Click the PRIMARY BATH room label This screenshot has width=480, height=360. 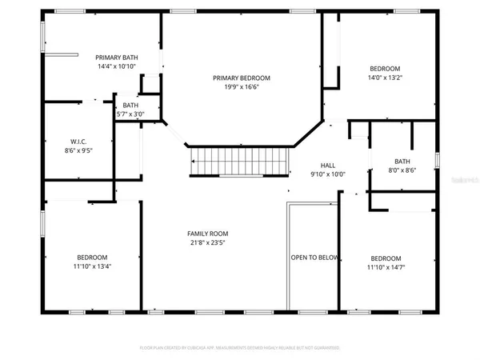click(114, 58)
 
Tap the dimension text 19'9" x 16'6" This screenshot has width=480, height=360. click(241, 89)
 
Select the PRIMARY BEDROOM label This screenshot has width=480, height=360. click(241, 78)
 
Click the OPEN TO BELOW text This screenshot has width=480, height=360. click(314, 258)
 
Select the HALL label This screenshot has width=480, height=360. click(327, 163)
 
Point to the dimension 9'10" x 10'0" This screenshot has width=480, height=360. click(327, 174)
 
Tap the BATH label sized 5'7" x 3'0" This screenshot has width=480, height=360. click(130, 105)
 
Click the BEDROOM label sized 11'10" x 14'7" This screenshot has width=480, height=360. click(386, 258)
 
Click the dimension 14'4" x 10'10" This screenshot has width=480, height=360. click(114, 68)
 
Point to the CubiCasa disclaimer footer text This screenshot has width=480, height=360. click(240, 348)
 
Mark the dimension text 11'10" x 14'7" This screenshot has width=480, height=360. click(386, 269)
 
